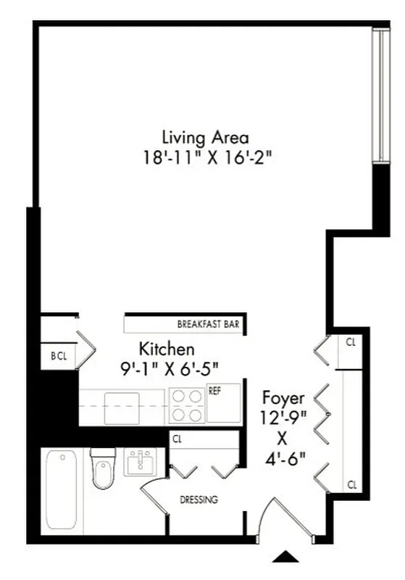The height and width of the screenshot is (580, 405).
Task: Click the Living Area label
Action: pyautogui.click(x=205, y=137)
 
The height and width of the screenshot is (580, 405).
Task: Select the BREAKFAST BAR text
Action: pyautogui.click(x=208, y=324)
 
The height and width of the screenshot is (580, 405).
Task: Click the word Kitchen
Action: pyautogui.click(x=167, y=349)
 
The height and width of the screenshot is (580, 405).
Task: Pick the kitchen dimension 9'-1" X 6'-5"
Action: pyautogui.click(x=170, y=368)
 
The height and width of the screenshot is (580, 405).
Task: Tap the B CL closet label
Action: pyautogui.click(x=58, y=356)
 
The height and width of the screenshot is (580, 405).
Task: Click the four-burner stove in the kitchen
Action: pyautogui.click(x=187, y=405)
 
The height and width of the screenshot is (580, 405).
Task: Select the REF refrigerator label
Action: pyautogui.click(x=214, y=390)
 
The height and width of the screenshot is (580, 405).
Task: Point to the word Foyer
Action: pyautogui.click(x=283, y=398)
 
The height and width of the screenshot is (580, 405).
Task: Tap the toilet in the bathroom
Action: pyautogui.click(x=102, y=469)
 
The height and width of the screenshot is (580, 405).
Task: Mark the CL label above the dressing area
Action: pyautogui.click(x=177, y=438)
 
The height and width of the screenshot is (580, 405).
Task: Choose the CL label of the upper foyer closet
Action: pyautogui.click(x=351, y=341)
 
